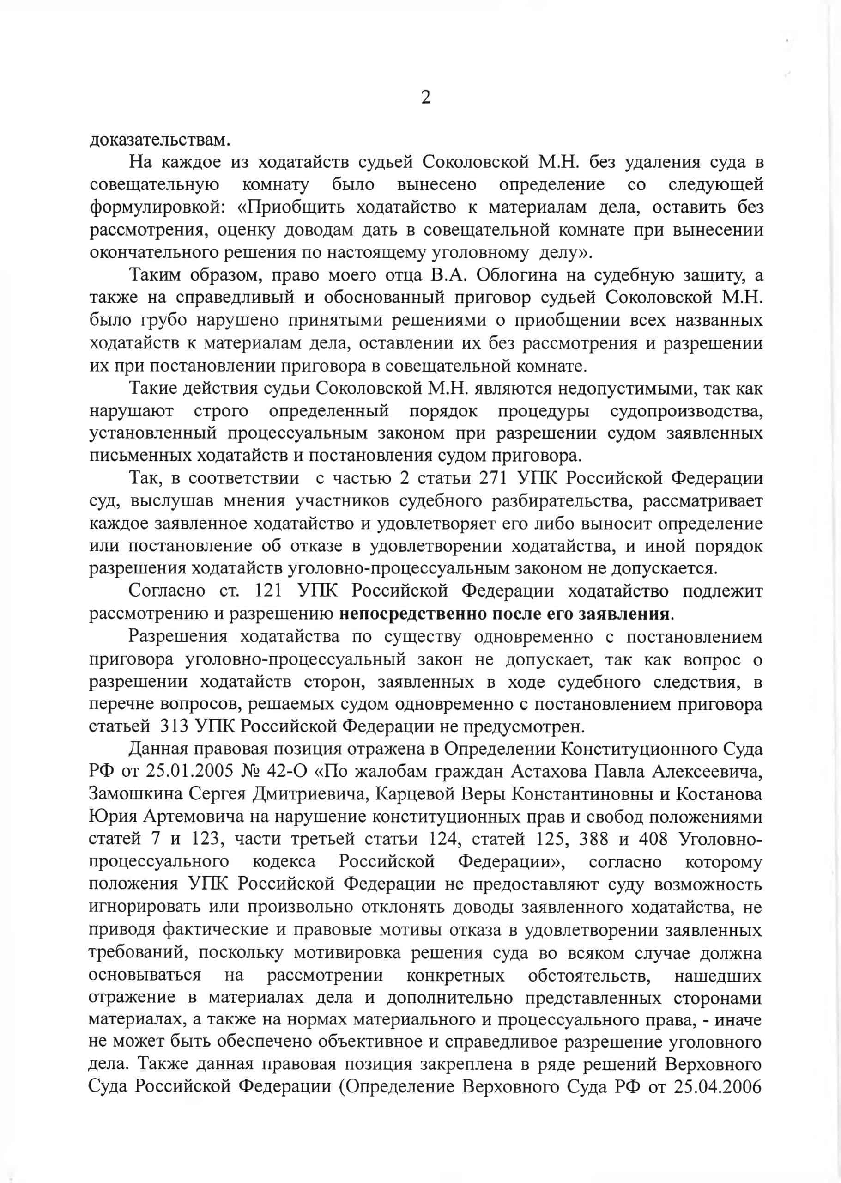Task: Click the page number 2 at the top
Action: [x=426, y=97]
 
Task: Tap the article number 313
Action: [x=174, y=726]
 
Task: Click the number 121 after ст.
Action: [x=268, y=591]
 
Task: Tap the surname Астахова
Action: [x=549, y=772]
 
